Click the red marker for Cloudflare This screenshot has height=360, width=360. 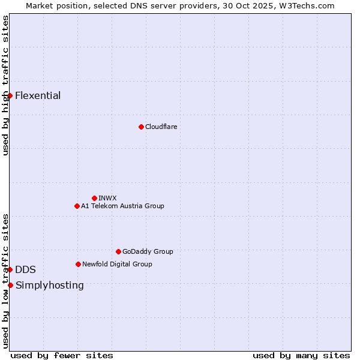pyautogui.click(x=141, y=127)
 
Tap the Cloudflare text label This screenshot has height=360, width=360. pyautogui.click(x=161, y=127)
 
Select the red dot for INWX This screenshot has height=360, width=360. pyautogui.click(x=94, y=198)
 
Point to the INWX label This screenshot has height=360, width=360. pyautogui.click(x=107, y=198)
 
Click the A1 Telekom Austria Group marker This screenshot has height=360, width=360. pyautogui.click(x=77, y=206)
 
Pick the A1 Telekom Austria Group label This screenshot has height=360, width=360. pyautogui.click(x=122, y=206)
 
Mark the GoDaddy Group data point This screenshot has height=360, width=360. pyautogui.click(x=118, y=251)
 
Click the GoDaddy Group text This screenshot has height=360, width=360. pyautogui.click(x=148, y=251)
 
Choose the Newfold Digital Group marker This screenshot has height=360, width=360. pyautogui.click(x=78, y=264)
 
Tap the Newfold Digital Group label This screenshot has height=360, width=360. pyautogui.click(x=117, y=264)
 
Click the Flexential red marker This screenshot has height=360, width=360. pyautogui.click(x=10, y=95)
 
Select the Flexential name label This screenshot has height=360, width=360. pyautogui.click(x=38, y=95)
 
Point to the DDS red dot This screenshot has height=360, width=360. pyautogui.click(x=10, y=269)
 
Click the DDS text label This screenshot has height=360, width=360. pyautogui.click(x=25, y=269)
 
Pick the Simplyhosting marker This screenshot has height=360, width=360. pyautogui.click(x=10, y=285)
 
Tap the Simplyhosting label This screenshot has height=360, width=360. pyautogui.click(x=50, y=285)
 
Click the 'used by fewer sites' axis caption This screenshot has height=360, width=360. pyautogui.click(x=62, y=355)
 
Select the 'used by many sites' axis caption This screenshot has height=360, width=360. pyautogui.click(x=301, y=355)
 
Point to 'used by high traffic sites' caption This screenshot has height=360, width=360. pyautogui.click(x=5, y=85)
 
